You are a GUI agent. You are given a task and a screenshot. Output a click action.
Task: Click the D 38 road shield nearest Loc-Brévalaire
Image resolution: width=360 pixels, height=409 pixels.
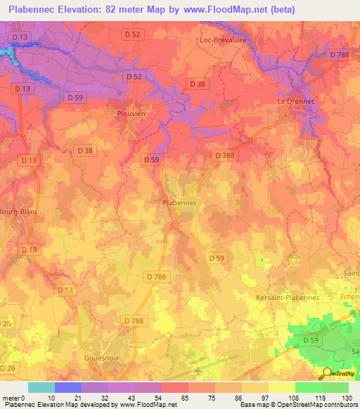coord(197,83)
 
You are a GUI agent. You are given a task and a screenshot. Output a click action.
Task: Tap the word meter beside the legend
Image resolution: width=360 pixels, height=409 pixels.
coord(13,398)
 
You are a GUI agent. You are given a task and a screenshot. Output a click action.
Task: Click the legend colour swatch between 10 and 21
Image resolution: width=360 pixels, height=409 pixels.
coord(68,387)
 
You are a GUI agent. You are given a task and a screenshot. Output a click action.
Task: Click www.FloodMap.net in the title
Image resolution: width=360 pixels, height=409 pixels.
coord(221,9)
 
